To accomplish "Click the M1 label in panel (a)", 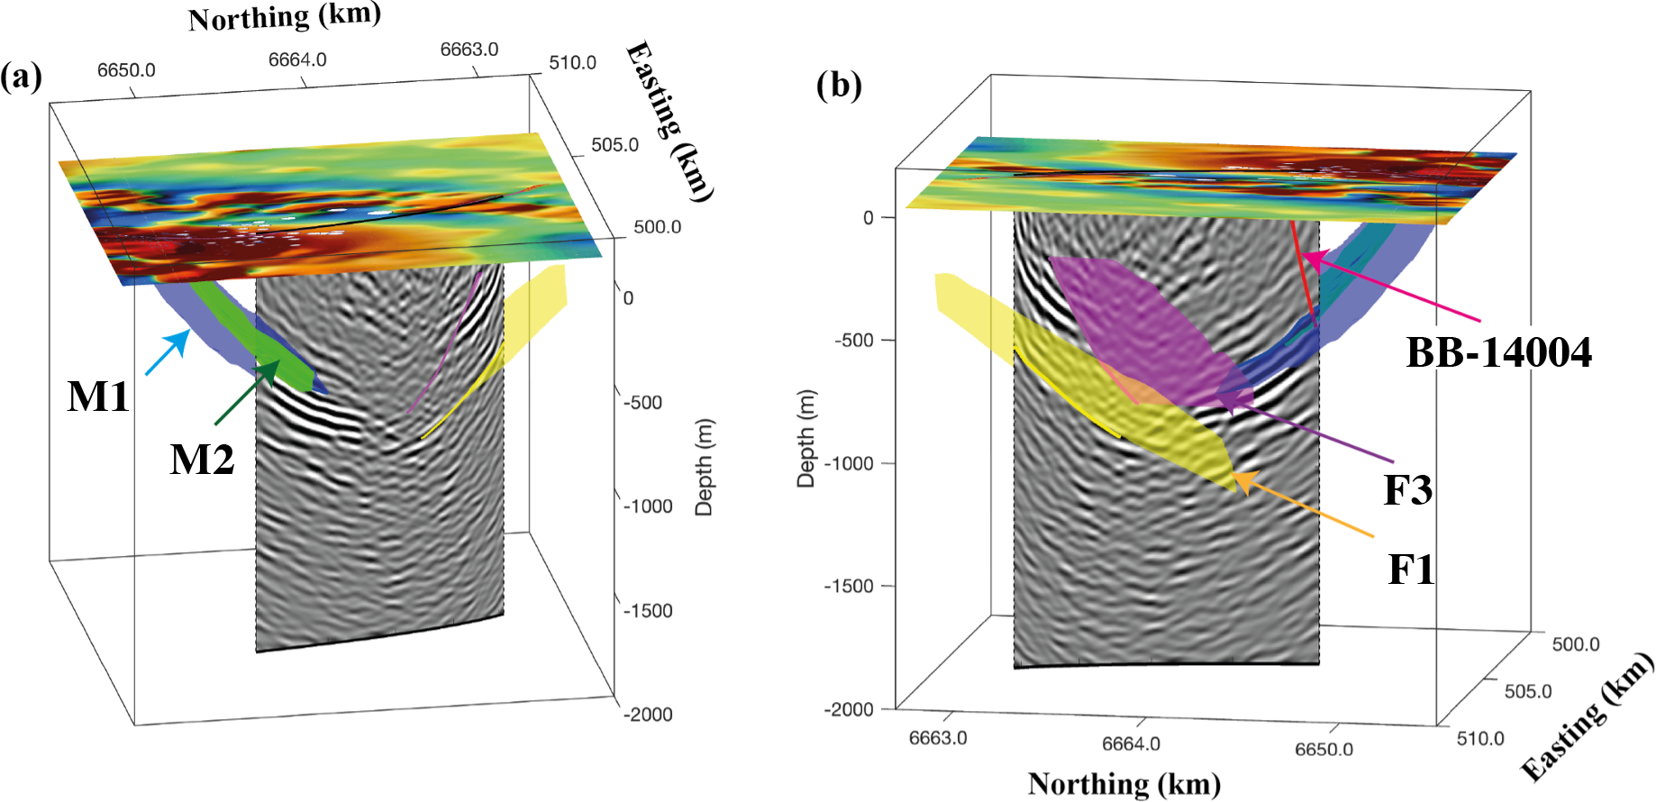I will point(98,396).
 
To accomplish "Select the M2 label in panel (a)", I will point(202,460).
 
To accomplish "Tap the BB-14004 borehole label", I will point(1498,352).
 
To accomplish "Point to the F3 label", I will point(1407,490).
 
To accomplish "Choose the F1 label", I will point(1410,570).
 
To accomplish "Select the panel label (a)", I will point(21,77).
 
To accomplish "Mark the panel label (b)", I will point(839,86).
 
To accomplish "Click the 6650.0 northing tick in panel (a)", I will point(126,70).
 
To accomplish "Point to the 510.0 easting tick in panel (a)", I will point(572,63).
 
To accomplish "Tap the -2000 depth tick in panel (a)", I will point(648,715).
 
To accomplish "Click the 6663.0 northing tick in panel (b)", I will point(937,738).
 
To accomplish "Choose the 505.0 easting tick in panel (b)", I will point(1528,691).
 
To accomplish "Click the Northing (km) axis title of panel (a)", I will point(284,16).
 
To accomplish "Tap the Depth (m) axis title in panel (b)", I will point(805,439).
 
